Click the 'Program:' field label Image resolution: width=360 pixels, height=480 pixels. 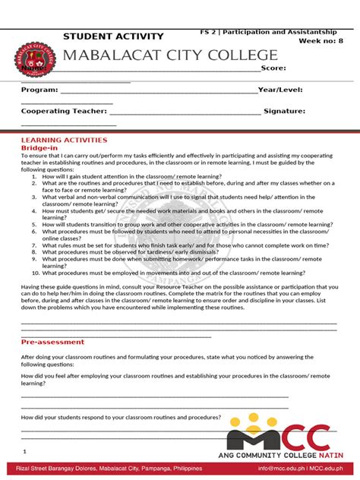tap(39, 90)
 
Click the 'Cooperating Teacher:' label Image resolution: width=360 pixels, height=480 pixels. tap(64, 111)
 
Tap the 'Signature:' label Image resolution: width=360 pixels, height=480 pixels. tap(285, 111)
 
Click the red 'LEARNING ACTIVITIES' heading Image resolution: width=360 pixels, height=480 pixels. tap(64, 141)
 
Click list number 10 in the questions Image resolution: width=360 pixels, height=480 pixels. tap(35, 273)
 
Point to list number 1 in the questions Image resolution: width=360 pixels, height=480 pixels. tap(35, 175)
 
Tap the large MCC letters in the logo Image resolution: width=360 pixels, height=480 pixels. tap(281, 438)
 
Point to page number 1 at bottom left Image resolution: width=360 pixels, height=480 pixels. tap(24, 451)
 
